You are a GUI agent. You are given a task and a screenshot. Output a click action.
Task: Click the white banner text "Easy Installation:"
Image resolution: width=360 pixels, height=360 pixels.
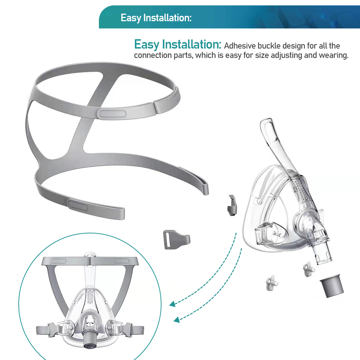click(x=156, y=18)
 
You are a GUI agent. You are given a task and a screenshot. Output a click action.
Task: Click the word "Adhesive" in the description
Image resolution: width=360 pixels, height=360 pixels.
click(x=240, y=46)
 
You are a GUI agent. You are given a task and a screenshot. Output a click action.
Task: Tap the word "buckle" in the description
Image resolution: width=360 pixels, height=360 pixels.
click(x=269, y=46)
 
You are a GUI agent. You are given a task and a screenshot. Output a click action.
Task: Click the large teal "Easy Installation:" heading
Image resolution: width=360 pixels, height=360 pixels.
click(x=177, y=44)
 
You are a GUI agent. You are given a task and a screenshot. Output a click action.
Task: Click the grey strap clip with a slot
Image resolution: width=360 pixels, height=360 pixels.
click(x=176, y=240)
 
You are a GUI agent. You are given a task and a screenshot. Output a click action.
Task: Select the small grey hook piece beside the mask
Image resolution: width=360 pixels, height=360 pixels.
click(x=232, y=205)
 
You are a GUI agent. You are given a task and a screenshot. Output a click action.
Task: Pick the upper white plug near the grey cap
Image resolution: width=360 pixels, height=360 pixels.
click(x=308, y=269)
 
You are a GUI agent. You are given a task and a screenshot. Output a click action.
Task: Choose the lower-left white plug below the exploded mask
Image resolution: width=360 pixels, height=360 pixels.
click(x=271, y=283)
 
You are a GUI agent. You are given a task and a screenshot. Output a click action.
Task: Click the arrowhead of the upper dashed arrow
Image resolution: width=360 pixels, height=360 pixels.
click(x=172, y=304)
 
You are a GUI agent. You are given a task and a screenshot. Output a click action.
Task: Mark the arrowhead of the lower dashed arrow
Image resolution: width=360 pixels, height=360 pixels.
click(x=177, y=319)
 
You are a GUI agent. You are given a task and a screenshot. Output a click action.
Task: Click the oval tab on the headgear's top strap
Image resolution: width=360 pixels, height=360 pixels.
click(x=111, y=114)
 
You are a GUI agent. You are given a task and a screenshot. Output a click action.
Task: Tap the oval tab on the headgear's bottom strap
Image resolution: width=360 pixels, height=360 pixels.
click(x=77, y=205)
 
